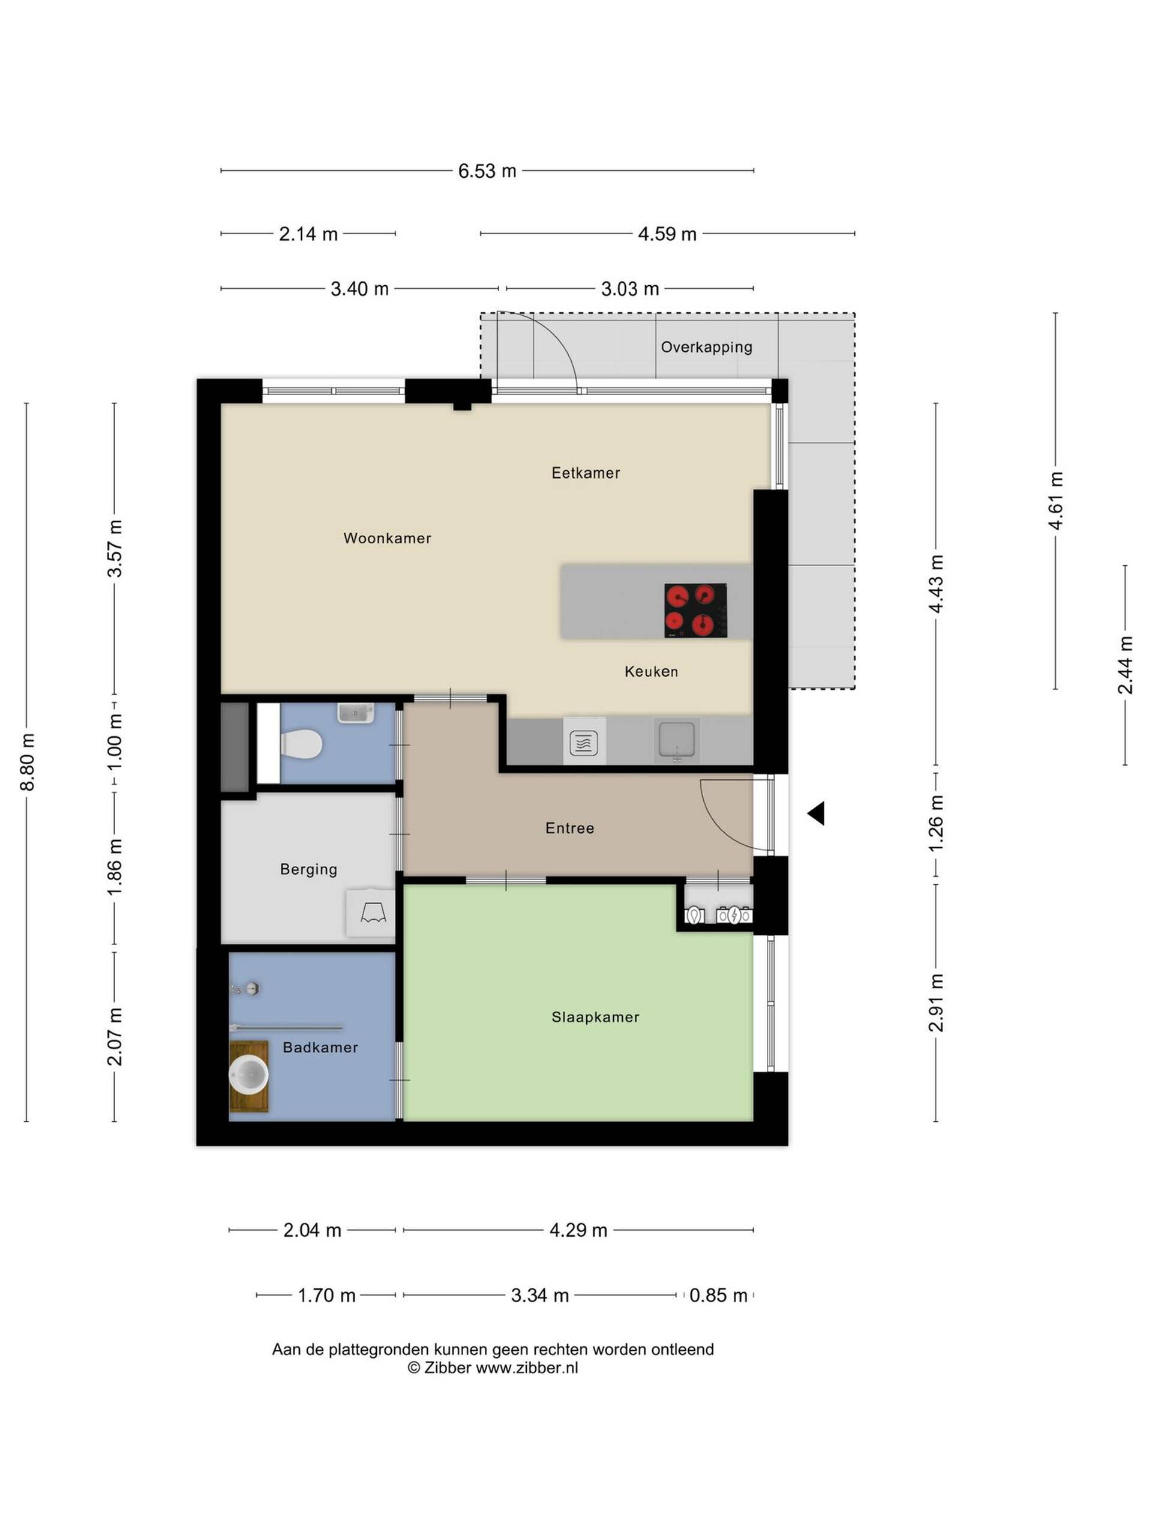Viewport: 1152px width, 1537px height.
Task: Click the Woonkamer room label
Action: (387, 538)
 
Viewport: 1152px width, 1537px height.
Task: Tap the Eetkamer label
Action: (586, 473)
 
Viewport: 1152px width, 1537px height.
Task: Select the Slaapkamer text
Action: (595, 1016)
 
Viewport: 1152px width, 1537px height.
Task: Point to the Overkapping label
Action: (706, 347)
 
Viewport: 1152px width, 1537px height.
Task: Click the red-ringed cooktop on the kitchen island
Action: (695, 610)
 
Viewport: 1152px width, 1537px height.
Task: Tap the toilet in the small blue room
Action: (301, 744)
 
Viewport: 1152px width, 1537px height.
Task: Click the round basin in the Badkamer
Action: (248, 1075)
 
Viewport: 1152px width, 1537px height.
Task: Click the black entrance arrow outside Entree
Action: (816, 813)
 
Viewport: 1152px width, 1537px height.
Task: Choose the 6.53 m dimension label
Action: (487, 171)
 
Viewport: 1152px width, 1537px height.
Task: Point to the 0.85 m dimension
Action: (718, 1295)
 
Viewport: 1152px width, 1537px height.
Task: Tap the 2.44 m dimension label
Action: (1125, 665)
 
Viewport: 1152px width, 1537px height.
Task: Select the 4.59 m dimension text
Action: (667, 234)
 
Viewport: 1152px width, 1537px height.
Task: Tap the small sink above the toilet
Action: (356, 713)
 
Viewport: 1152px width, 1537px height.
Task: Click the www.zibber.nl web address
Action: (526, 1368)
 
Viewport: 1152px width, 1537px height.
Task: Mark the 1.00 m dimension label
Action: (115, 741)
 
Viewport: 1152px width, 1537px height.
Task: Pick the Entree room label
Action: (569, 829)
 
